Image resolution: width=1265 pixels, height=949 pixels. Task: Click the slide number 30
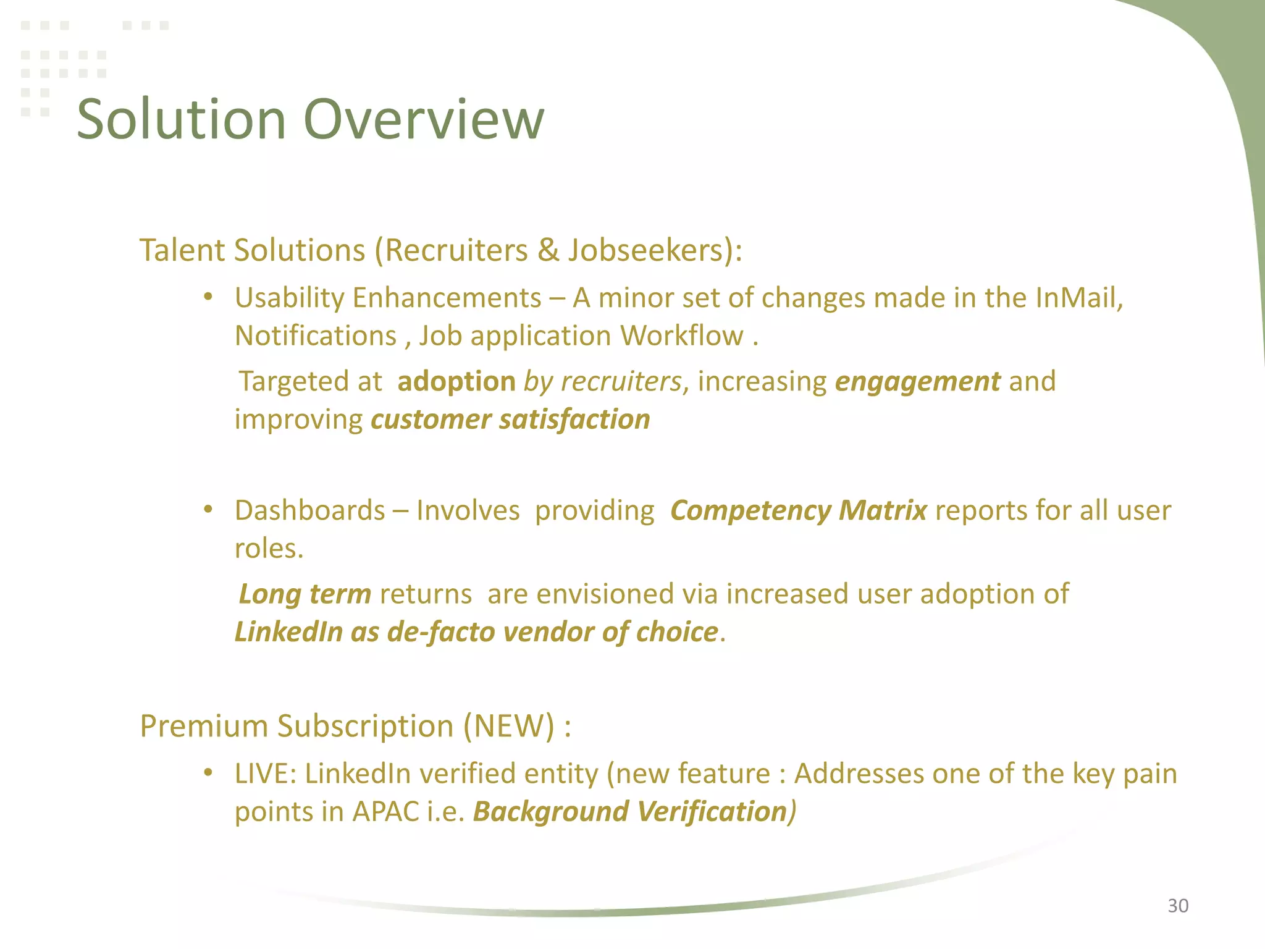click(x=1177, y=905)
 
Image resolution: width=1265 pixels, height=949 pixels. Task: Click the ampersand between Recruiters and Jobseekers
click(x=547, y=250)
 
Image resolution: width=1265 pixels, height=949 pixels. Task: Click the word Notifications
click(x=316, y=336)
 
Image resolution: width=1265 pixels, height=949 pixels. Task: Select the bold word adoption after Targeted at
click(x=456, y=381)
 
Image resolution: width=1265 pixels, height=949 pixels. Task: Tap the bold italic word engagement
click(x=917, y=382)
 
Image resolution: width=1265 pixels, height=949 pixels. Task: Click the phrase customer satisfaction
click(x=510, y=420)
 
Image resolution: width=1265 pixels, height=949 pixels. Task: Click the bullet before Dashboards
click(x=208, y=510)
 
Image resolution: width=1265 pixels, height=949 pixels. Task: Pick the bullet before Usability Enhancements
click(x=208, y=297)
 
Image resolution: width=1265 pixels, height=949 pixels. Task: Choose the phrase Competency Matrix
click(x=798, y=510)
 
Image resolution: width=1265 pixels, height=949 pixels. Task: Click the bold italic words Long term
click(x=305, y=594)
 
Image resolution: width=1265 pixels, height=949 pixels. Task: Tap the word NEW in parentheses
click(x=509, y=726)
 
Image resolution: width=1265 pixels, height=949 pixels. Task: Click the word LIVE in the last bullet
click(x=260, y=774)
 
